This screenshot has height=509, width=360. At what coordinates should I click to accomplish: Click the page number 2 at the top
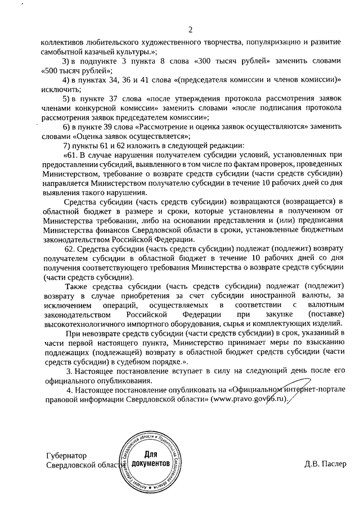[x=190, y=29]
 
